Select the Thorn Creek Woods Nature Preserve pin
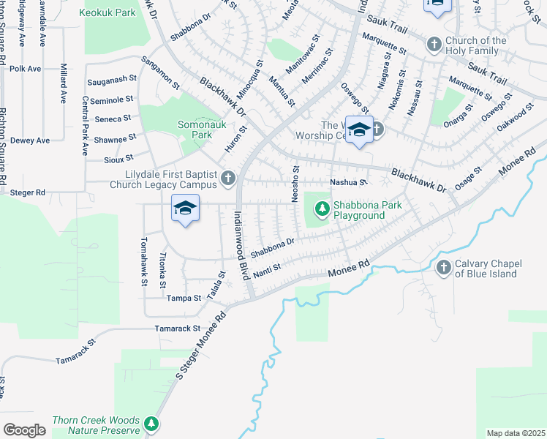pyautogui.click(x=151, y=424)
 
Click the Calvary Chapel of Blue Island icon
pyautogui.click(x=443, y=269)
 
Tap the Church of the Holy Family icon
pyautogui.click(x=434, y=45)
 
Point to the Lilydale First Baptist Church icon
pyautogui.click(x=229, y=179)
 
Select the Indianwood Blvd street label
pyautogui.click(x=240, y=246)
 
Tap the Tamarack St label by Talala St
pyautogui.click(x=178, y=329)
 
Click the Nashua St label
pyautogui.click(x=347, y=182)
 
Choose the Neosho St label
pyautogui.click(x=296, y=184)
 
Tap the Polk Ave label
pyautogui.click(x=26, y=68)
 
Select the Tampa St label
pyautogui.click(x=184, y=299)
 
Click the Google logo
pyautogui.click(x=24, y=429)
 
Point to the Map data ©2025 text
pyautogui.click(x=516, y=433)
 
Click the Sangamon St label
pyautogui.click(x=161, y=75)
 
